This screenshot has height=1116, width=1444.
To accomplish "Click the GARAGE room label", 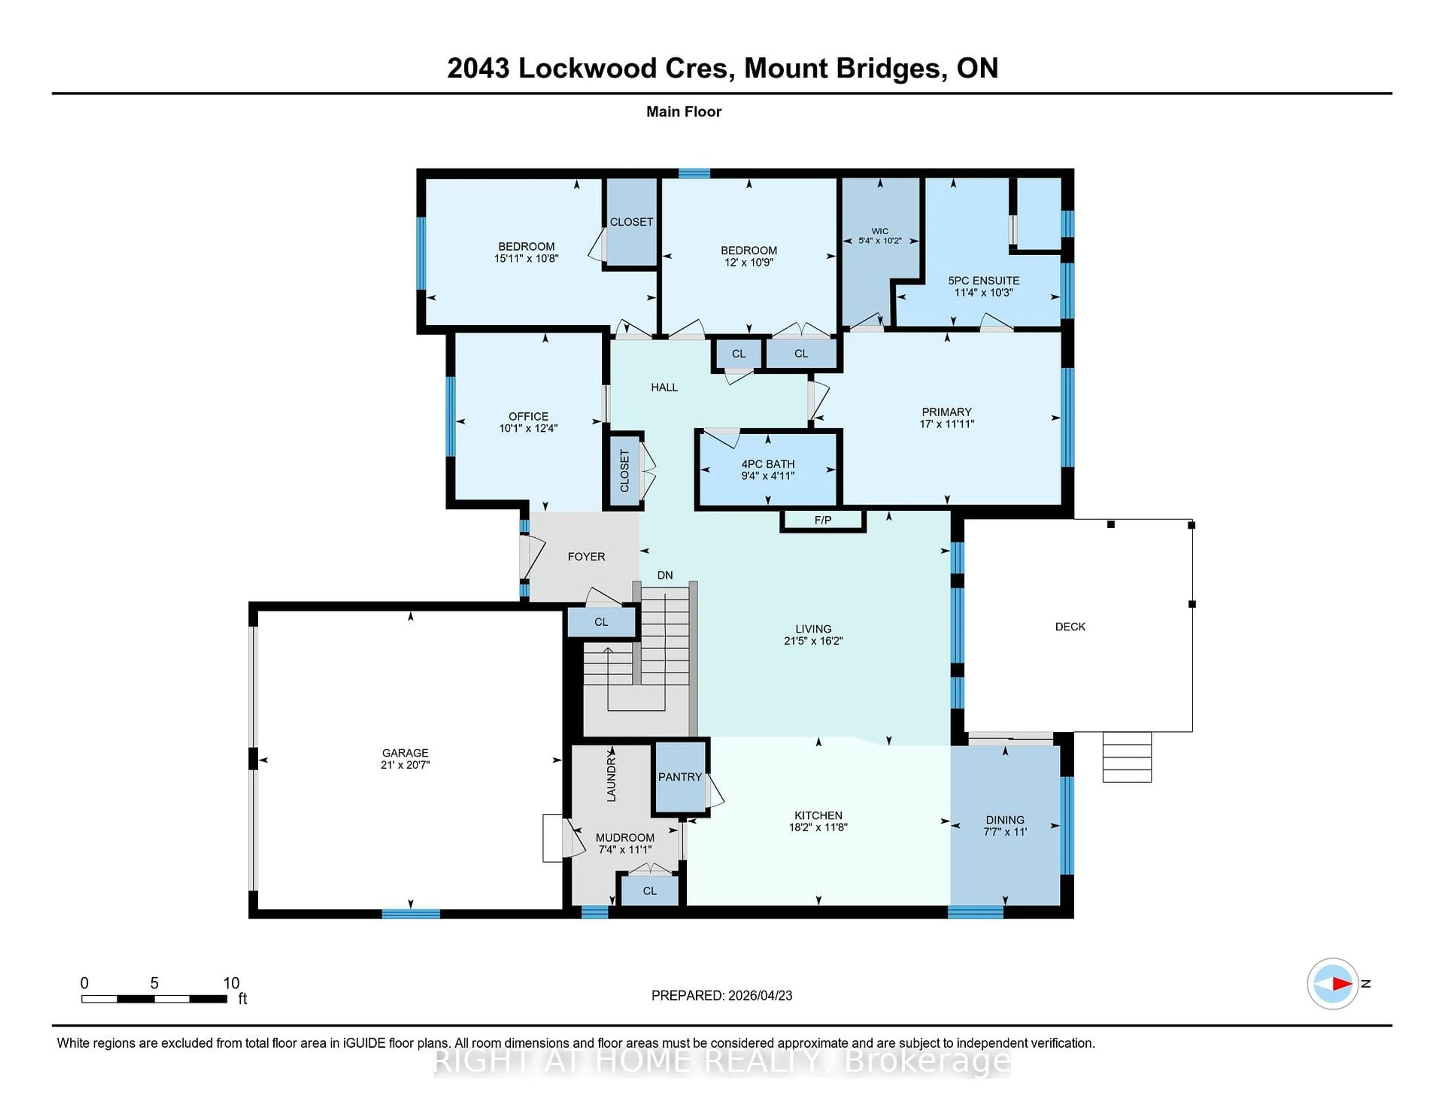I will click(x=405, y=752).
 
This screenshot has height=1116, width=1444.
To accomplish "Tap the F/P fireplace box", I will click(x=822, y=520).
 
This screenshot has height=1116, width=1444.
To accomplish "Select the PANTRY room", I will click(x=680, y=777).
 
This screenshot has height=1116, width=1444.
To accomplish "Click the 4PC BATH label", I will click(x=768, y=464).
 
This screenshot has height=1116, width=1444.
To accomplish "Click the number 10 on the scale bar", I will click(x=231, y=983).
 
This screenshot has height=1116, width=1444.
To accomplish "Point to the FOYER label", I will click(x=586, y=556).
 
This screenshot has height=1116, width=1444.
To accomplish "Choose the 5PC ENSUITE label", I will click(x=983, y=281).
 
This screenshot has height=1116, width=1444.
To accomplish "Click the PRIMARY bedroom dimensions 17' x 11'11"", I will click(x=947, y=424).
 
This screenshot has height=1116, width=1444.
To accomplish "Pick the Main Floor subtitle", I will click(x=684, y=112).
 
